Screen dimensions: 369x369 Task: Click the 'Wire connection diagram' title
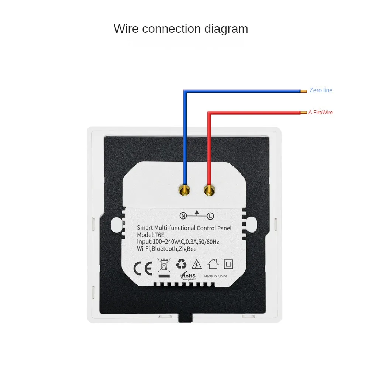181,29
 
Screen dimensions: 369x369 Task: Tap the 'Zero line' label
321,90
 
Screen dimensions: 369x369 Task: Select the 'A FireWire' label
321,112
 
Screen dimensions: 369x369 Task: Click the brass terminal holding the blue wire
184,190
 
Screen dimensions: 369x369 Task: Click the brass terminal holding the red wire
209,190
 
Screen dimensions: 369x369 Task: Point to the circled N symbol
183,216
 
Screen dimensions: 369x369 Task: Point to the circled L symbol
210,216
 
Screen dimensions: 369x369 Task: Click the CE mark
142,268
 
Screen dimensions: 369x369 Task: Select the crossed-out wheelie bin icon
164,268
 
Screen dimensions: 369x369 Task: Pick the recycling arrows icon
181,264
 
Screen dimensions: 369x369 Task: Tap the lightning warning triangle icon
197,264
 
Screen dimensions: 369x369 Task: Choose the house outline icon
213,264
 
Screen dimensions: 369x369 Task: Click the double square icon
228,264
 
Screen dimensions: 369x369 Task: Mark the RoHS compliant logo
188,276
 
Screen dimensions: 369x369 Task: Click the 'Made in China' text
215,276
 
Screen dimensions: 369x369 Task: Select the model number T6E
159,235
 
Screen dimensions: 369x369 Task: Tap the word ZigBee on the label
187,249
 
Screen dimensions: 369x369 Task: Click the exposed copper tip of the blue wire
304,91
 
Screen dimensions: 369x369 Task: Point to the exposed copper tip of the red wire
304,113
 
